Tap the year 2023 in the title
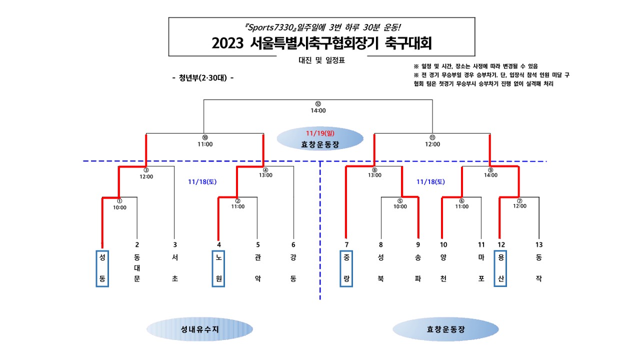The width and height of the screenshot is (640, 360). click(227, 43)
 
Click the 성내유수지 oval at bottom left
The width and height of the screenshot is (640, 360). click(199, 329)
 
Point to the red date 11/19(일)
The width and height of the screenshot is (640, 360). click(320, 133)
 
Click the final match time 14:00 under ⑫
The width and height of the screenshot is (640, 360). click(318, 110)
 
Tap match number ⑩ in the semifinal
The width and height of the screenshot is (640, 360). click(205, 137)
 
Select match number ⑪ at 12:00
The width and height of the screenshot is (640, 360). click(432, 137)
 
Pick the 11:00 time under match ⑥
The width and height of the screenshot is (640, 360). click(461, 206)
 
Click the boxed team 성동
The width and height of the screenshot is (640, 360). click(102, 268)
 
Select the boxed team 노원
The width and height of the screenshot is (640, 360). click(218, 268)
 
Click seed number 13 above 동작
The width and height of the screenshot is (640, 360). click(538, 244)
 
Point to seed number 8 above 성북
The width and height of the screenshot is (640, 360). click(381, 244)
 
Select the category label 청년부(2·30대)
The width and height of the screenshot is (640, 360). click(202, 78)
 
